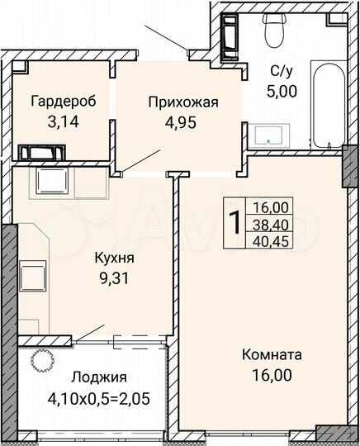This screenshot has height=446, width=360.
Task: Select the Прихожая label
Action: pyautogui.click(x=182, y=102)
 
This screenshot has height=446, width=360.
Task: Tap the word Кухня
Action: pyautogui.click(x=114, y=257)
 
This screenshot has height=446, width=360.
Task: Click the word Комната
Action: pyautogui.click(x=272, y=355)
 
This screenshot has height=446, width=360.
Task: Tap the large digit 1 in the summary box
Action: pyautogui.click(x=235, y=222)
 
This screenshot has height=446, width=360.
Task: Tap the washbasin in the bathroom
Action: pyautogui.click(x=271, y=135)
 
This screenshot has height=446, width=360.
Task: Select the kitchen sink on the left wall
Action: pyautogui.click(x=32, y=273)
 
